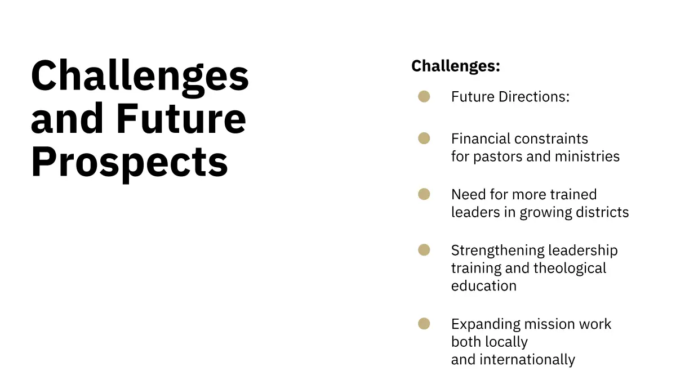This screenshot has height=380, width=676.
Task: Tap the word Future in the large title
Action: coord(181,118)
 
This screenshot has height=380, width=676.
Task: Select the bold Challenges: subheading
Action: coord(456,66)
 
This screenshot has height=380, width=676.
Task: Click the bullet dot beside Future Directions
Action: coord(424,96)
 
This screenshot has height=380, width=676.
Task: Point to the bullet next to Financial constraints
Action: coord(424,138)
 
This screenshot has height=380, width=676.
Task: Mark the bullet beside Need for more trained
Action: coord(424,194)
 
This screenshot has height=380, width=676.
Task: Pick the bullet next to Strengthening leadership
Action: coord(424,250)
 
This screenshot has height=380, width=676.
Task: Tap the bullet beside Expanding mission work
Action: coord(424,324)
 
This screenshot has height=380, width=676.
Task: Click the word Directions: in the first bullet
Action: coord(534,97)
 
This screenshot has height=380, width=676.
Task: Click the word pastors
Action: coord(497,157)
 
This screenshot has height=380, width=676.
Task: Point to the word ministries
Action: coord(587,157)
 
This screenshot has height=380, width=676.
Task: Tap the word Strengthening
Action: coord(497,251)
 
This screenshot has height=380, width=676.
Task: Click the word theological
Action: coord(570,269)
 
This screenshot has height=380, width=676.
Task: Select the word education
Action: coord(484,286)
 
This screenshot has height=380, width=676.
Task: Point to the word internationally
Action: coord(527,360)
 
